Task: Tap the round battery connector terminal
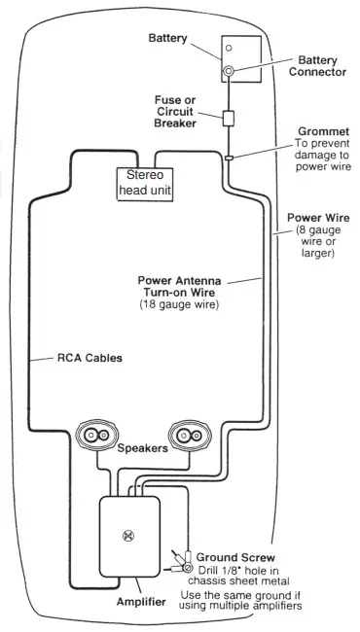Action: click(229, 72)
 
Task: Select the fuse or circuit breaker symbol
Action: click(229, 120)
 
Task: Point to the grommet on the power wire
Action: click(229, 156)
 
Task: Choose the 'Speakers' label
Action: click(143, 449)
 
